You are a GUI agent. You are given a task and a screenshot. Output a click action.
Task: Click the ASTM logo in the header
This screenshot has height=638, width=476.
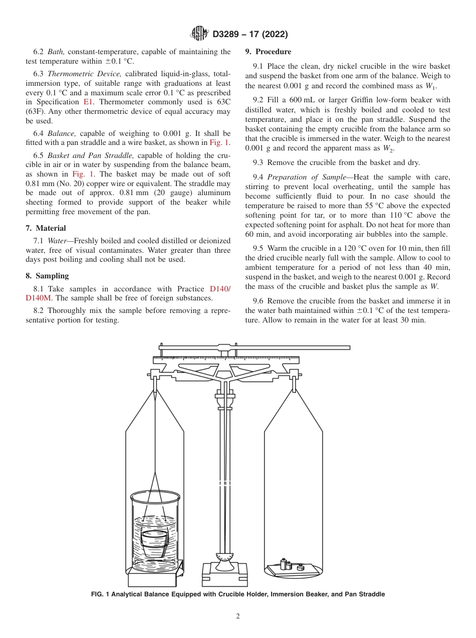point(199,34)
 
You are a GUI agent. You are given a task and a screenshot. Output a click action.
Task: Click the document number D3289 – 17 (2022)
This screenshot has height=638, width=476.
point(250,35)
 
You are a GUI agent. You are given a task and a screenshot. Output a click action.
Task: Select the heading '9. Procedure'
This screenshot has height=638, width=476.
point(268,52)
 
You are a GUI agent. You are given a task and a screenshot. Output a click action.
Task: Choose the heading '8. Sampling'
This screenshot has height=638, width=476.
point(47,276)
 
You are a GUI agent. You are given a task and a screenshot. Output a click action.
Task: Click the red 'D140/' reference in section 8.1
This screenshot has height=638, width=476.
point(220,289)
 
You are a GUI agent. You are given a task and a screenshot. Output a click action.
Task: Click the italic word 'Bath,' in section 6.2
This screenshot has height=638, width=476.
point(57,52)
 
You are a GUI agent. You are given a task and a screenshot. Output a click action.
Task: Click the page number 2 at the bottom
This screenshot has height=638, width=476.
point(237,616)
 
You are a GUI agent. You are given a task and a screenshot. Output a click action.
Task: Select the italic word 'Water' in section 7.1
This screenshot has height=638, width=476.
point(57,241)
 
